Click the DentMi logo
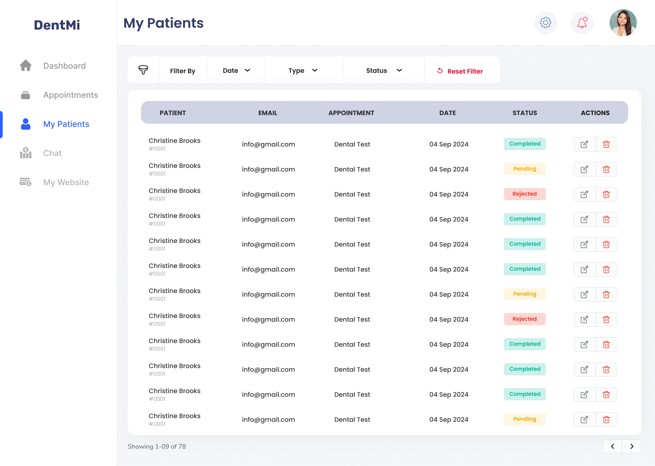pyautogui.click(x=57, y=25)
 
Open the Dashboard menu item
pyautogui.click(x=64, y=66)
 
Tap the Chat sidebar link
pyautogui.click(x=52, y=153)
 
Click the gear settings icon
pyautogui.click(x=545, y=23)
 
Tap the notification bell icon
pyautogui.click(x=582, y=23)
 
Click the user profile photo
pyautogui.click(x=623, y=23)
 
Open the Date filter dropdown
pyautogui.click(x=236, y=71)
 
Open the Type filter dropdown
pyautogui.click(x=303, y=71)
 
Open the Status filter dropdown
pyautogui.click(x=384, y=71)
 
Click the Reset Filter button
pyautogui.click(x=460, y=71)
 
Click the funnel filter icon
pyautogui.click(x=143, y=70)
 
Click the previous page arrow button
pyautogui.click(x=612, y=446)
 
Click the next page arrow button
pyautogui.click(x=631, y=446)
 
